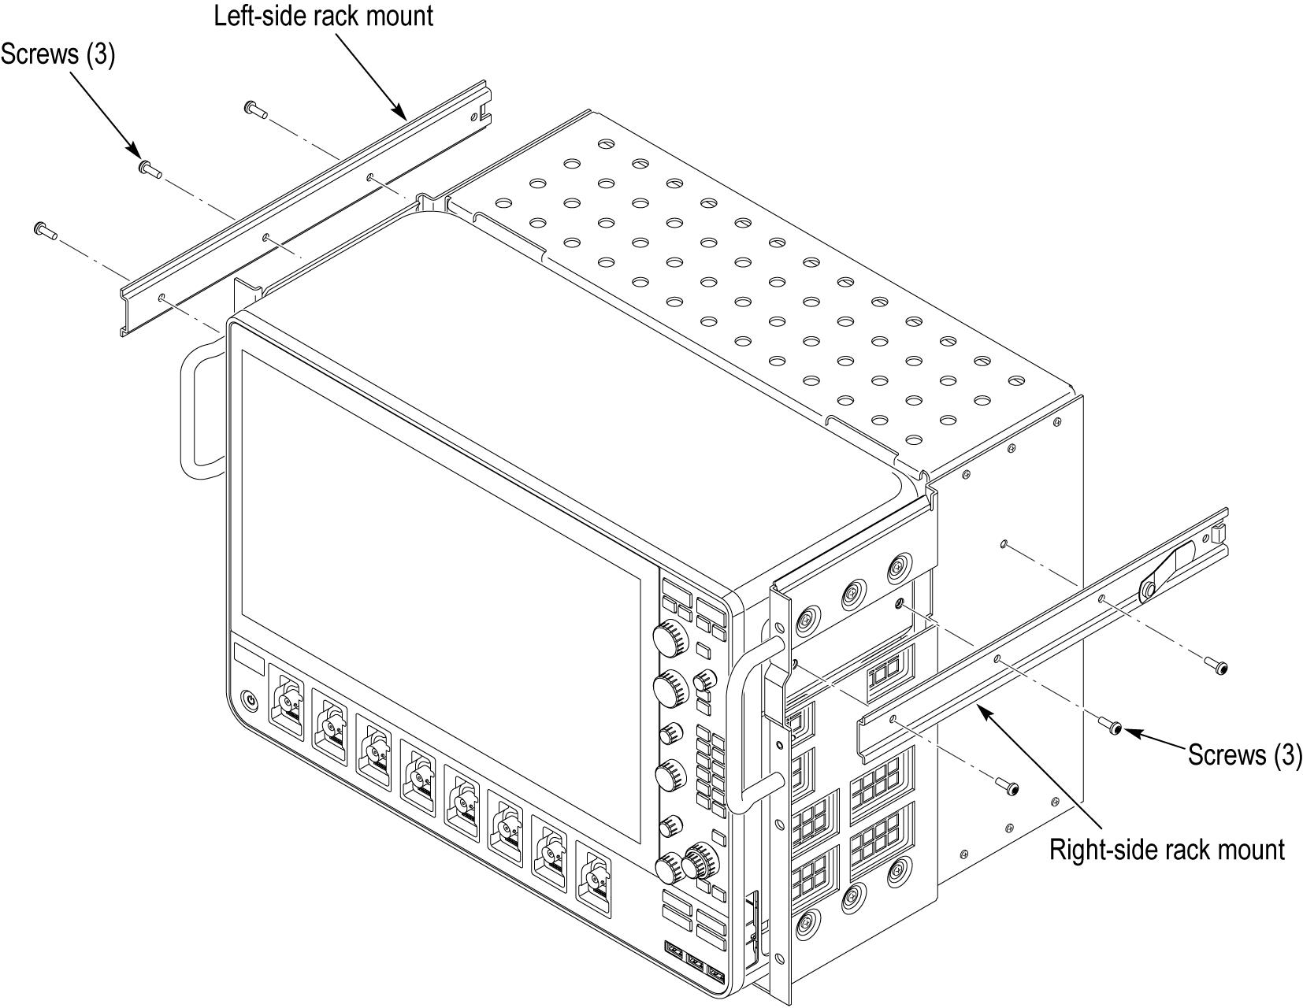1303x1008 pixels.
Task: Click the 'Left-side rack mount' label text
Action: point(323,16)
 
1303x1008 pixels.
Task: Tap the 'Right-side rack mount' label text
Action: point(1167,850)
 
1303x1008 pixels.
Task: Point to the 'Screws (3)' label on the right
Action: point(1245,754)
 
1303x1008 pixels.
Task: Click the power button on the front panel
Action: point(250,699)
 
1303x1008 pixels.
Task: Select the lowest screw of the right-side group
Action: point(1009,786)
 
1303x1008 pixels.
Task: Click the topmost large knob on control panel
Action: point(670,637)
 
